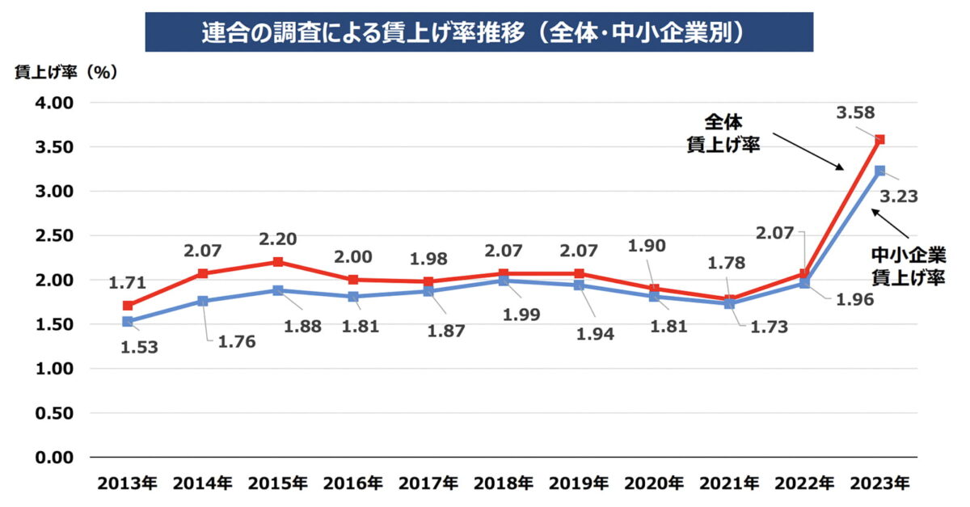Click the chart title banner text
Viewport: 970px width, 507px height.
(x=479, y=32)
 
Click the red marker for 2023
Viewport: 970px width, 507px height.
(x=879, y=140)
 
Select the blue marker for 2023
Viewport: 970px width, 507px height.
(x=879, y=171)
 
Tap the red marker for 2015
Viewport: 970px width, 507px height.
(x=277, y=262)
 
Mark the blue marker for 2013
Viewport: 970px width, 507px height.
(x=127, y=322)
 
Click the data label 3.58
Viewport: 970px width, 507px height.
(x=857, y=113)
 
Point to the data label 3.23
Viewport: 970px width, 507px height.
(x=898, y=196)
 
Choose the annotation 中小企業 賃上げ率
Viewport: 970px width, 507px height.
(x=908, y=265)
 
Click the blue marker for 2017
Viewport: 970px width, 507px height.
(x=428, y=291)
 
